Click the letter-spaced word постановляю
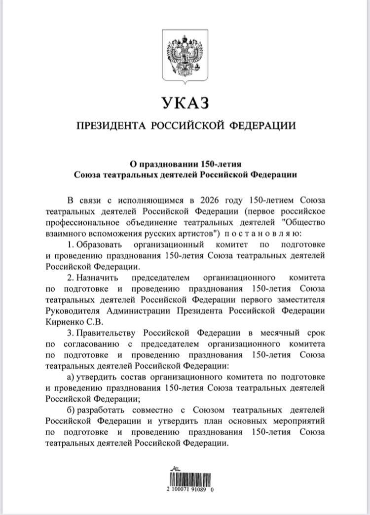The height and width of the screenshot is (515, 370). click(267, 233)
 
